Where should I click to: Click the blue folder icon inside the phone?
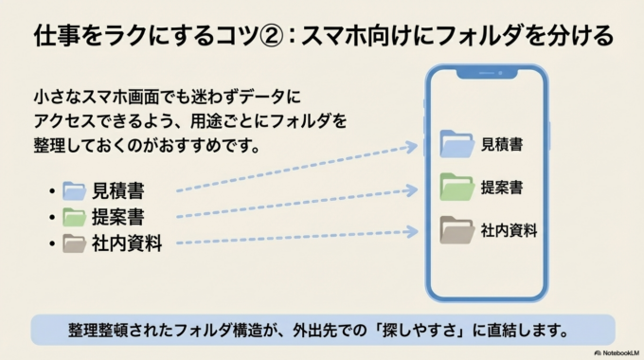coord(458,144)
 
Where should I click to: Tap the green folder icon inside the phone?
coord(458,187)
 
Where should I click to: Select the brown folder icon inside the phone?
coord(458,229)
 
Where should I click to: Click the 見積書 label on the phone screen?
coord(503,145)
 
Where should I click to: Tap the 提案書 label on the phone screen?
coord(503,187)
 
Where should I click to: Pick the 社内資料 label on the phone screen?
coord(509,229)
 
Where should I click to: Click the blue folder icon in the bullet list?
coord(74,190)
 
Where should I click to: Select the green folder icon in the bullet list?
coord(74,217)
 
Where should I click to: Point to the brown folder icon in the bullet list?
coord(74,243)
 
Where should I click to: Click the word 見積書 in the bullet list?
coord(118,190)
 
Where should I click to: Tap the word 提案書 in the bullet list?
coord(118,217)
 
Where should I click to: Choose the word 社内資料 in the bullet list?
coord(127,243)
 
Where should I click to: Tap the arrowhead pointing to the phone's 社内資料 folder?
coord(410,230)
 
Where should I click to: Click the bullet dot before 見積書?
coord(49,191)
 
